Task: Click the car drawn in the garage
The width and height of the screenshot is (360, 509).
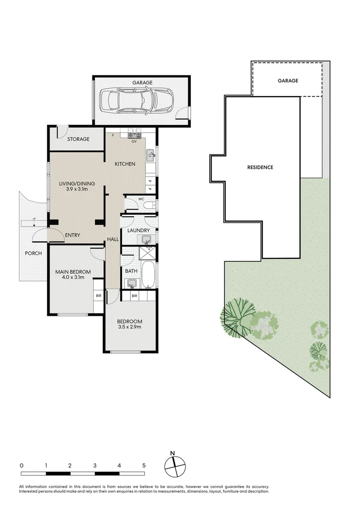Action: coord(136,100)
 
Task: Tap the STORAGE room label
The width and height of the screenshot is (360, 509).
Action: coord(78,139)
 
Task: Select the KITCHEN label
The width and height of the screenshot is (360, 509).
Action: coord(125,164)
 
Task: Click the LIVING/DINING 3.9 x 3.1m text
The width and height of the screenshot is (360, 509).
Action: coord(76,186)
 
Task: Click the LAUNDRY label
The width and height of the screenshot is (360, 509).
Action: coord(139,230)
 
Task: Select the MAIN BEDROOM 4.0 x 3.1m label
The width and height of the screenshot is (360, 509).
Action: coord(73,274)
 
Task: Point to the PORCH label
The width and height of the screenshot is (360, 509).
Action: coord(33,254)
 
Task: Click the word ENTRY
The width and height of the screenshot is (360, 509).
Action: coord(73,235)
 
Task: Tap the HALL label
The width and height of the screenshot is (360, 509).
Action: coord(113,239)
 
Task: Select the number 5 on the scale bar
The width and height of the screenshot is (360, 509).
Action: coord(144,465)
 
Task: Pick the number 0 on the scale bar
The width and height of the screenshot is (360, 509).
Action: coord(22,465)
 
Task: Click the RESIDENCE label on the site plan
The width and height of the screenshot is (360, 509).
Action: coord(261,167)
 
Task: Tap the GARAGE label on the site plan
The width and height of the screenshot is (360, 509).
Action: coord(287,81)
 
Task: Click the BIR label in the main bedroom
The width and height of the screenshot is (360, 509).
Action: coord(98,296)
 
